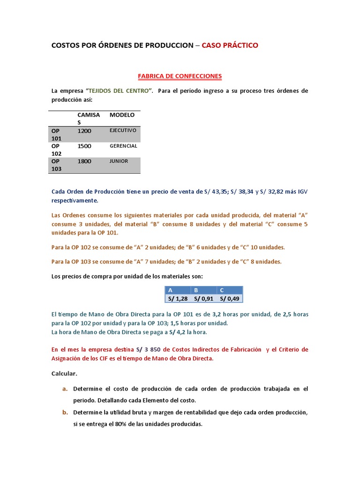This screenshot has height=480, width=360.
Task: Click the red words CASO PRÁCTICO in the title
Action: click(x=230, y=45)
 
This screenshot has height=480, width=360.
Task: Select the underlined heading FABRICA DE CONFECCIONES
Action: click(x=180, y=75)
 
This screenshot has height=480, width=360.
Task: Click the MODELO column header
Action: click(x=122, y=115)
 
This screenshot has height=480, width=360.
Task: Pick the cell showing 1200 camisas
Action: click(x=84, y=131)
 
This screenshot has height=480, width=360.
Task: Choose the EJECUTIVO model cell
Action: click(x=123, y=130)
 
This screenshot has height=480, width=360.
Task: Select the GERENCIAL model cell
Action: click(x=123, y=146)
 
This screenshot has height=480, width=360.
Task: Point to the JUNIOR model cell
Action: click(x=119, y=161)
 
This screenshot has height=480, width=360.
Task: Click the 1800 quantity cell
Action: click(x=84, y=161)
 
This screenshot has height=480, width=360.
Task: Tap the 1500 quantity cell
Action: click(x=84, y=146)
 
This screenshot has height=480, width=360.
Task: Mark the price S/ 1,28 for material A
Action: click(x=178, y=299)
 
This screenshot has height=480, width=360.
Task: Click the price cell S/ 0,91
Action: click(x=203, y=299)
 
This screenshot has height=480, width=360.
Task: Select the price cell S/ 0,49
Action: click(x=229, y=299)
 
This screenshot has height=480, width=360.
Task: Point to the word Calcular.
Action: click(x=64, y=374)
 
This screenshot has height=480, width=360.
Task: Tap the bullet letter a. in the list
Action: click(x=65, y=389)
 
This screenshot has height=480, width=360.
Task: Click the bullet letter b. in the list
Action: click(x=65, y=412)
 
